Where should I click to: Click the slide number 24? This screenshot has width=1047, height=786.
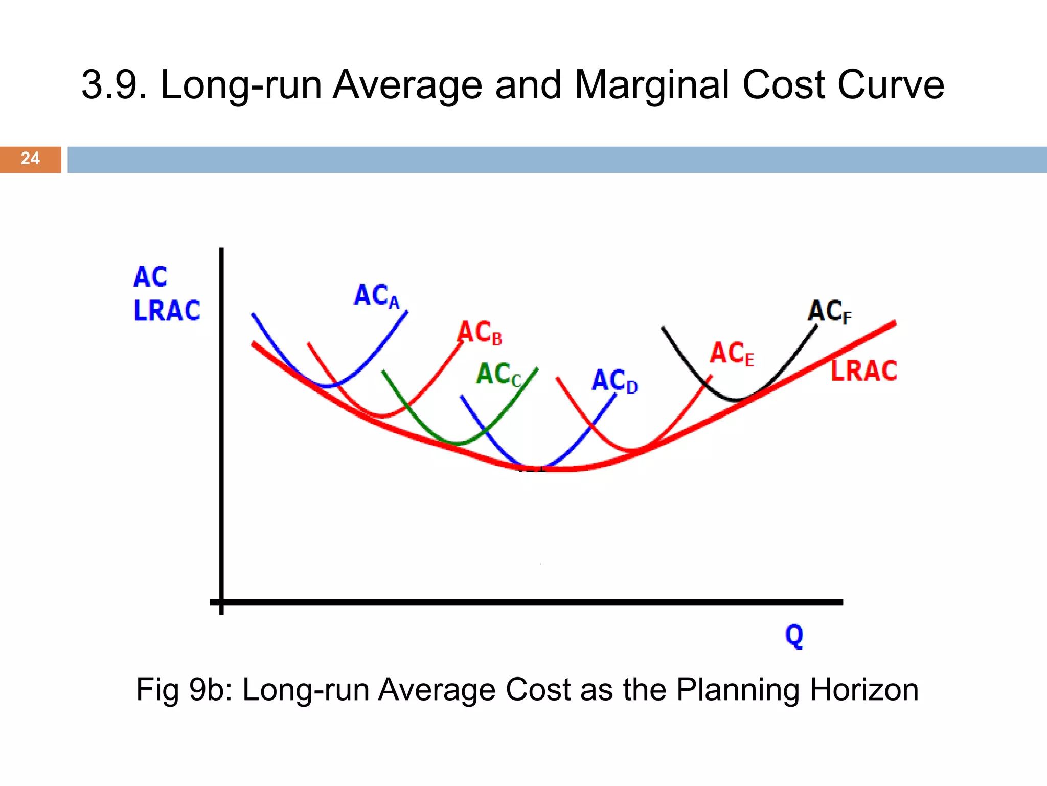pyautogui.click(x=30, y=159)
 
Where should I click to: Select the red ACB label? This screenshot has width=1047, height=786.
pyautogui.click(x=480, y=333)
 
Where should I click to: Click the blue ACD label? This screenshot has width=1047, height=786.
pyautogui.click(x=614, y=381)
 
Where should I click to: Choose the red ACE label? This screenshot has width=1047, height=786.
pyautogui.click(x=732, y=354)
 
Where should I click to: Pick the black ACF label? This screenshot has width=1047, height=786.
pyautogui.click(x=829, y=311)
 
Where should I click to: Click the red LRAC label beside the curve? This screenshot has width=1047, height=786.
pyautogui.click(x=863, y=371)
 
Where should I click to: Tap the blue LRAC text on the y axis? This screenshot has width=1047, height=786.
pyautogui.click(x=167, y=311)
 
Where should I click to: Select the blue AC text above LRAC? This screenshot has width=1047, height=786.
pyautogui.click(x=150, y=277)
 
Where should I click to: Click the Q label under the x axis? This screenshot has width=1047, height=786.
pyautogui.click(x=794, y=636)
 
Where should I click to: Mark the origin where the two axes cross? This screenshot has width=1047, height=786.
pyautogui.click(x=221, y=602)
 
